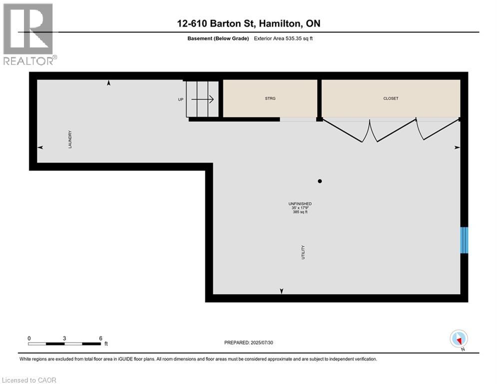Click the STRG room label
coord(270,98)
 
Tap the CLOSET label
coord(391,98)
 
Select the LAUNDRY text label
coord(70,139)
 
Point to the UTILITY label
coord(303,252)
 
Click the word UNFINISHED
coord(300,203)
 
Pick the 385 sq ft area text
coord(300,212)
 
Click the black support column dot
coord(320,181)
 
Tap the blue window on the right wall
coord(464,240)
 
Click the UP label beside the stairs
coord(181,99)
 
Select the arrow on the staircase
coord(202,99)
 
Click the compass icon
coord(459,339)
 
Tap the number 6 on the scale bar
coord(101,338)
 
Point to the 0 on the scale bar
coord(29,338)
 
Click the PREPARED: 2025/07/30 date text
coord(249,342)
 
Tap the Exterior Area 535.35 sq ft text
coord(283,38)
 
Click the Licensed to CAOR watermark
coord(29,380)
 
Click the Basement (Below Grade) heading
coord(218,38)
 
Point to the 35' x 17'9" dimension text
coord(300,208)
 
